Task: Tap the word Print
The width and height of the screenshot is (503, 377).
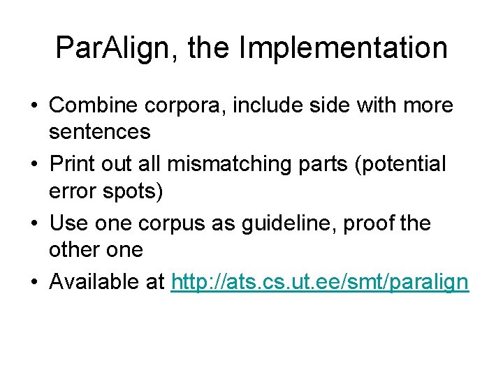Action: pos(73,165)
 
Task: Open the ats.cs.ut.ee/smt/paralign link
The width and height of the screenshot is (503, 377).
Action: pos(320,282)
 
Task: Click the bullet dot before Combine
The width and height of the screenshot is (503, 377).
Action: pos(34,106)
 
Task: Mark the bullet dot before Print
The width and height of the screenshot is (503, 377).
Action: pos(34,165)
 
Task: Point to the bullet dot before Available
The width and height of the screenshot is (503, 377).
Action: pos(34,283)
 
